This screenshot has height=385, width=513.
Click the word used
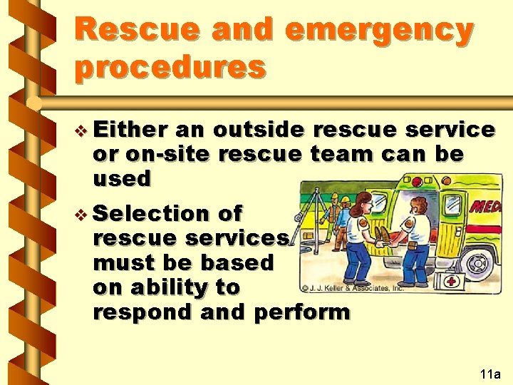coord(122,178)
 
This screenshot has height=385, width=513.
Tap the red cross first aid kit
coord(452,282)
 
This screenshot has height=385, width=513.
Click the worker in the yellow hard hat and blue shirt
coord(344,221)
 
